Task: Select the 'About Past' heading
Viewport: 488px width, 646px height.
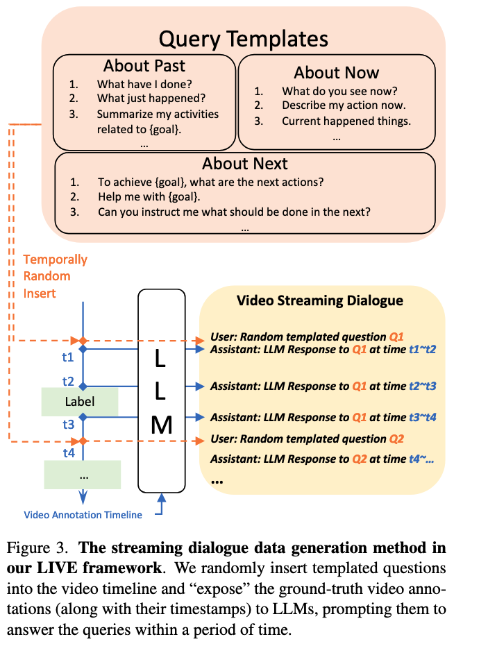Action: pos(144,67)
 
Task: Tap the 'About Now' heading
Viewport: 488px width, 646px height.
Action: pos(336,72)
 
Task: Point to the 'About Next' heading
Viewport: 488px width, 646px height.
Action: pos(244,164)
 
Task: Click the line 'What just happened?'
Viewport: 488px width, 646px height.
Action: pos(151,99)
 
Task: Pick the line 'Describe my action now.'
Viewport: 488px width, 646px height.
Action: pos(344,105)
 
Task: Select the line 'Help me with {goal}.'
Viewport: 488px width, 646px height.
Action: pos(147,197)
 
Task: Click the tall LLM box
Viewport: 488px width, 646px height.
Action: pos(161,389)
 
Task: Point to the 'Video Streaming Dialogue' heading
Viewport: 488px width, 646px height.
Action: pos(319,301)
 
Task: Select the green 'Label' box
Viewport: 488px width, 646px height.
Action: pos(79,402)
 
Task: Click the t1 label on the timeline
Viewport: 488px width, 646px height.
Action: pos(68,358)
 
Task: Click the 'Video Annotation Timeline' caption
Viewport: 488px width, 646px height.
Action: pos(83,515)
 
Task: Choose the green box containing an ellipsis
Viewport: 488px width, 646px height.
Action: pos(82,475)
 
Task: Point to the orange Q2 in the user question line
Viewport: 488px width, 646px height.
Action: pos(396,439)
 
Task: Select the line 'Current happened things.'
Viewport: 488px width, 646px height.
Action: pos(346,121)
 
